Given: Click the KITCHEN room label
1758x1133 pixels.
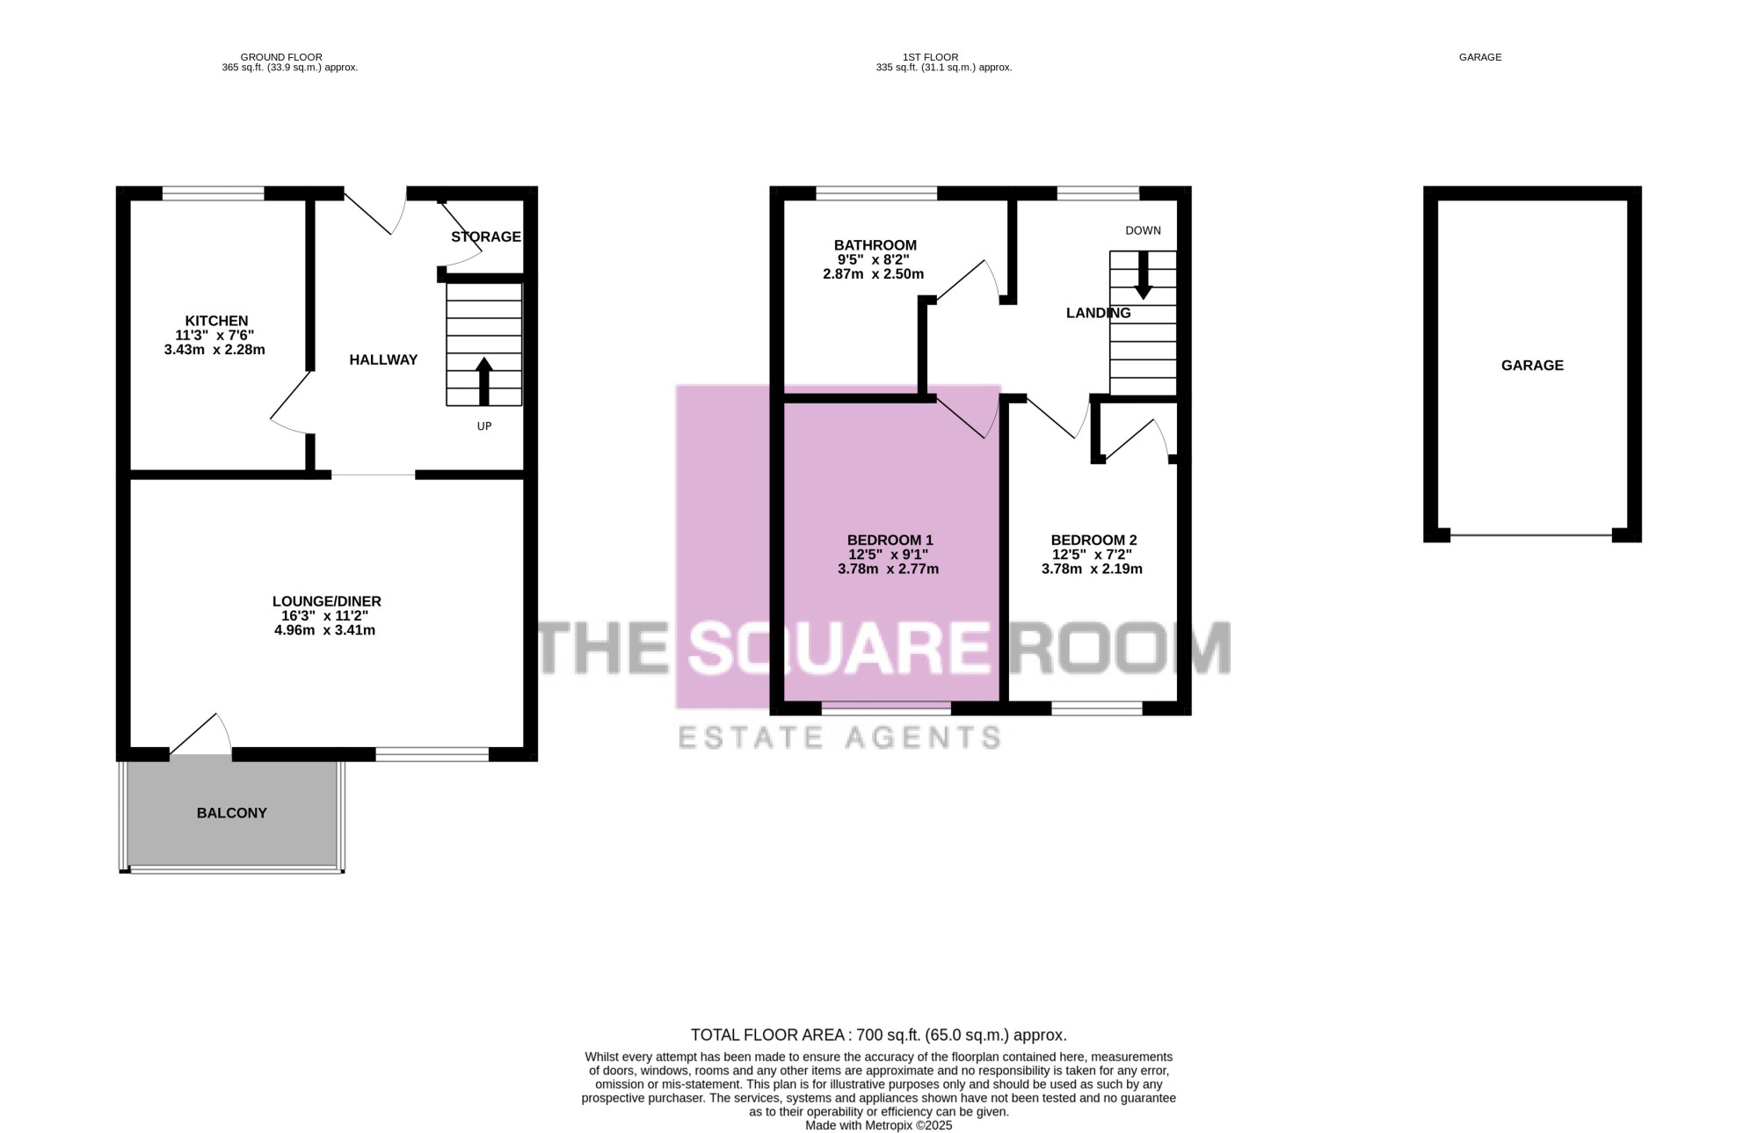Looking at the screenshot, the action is [x=216, y=321].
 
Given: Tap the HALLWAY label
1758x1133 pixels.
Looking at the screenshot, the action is [x=383, y=360].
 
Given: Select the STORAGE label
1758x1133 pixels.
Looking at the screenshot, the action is [x=486, y=236].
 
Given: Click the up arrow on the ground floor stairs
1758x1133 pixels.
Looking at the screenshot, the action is [x=483, y=381].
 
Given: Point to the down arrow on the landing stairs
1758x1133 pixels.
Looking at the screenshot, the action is [x=1143, y=275].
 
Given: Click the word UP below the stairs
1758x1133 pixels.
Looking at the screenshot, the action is [x=484, y=426].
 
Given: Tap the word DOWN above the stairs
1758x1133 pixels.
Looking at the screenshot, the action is [x=1143, y=230].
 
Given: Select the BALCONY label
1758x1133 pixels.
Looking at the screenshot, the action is [x=232, y=813].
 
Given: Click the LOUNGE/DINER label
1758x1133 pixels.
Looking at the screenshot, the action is [x=327, y=601].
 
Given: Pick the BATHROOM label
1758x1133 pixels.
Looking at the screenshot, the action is [x=875, y=245].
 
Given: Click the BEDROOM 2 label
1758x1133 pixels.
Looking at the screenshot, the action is [x=1094, y=540].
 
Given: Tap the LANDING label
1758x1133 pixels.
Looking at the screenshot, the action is [x=1098, y=313].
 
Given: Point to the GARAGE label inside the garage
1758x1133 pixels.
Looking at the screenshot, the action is [x=1532, y=366].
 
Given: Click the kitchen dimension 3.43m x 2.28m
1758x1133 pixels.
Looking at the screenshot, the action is [x=214, y=350].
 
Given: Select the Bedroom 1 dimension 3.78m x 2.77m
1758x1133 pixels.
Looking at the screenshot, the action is [x=888, y=569].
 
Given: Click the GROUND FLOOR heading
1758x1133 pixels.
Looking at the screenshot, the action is [x=281, y=57].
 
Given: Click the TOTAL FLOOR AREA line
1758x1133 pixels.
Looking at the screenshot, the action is [x=879, y=1035].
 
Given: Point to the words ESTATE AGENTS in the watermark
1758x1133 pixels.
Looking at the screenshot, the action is [x=839, y=737].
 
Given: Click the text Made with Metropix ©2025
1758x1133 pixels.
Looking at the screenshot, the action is [x=879, y=1125].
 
